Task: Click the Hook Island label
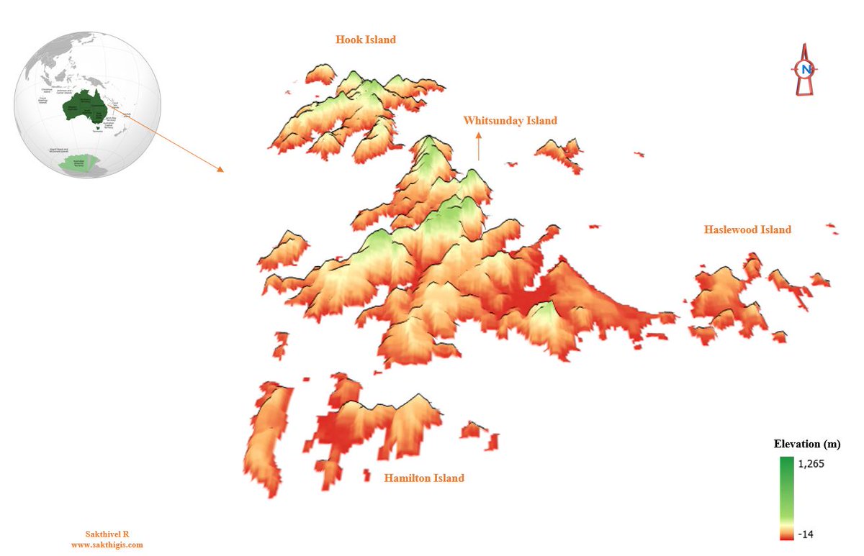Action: point(366,40)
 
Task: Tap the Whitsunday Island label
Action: point(510,120)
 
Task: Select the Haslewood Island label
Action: point(747,229)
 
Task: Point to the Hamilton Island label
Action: point(424,478)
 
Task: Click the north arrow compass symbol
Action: point(805,70)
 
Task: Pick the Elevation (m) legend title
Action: point(806,444)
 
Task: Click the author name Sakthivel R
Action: point(107,534)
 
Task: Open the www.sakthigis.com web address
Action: point(107,544)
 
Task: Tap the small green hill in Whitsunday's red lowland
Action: point(546,313)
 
